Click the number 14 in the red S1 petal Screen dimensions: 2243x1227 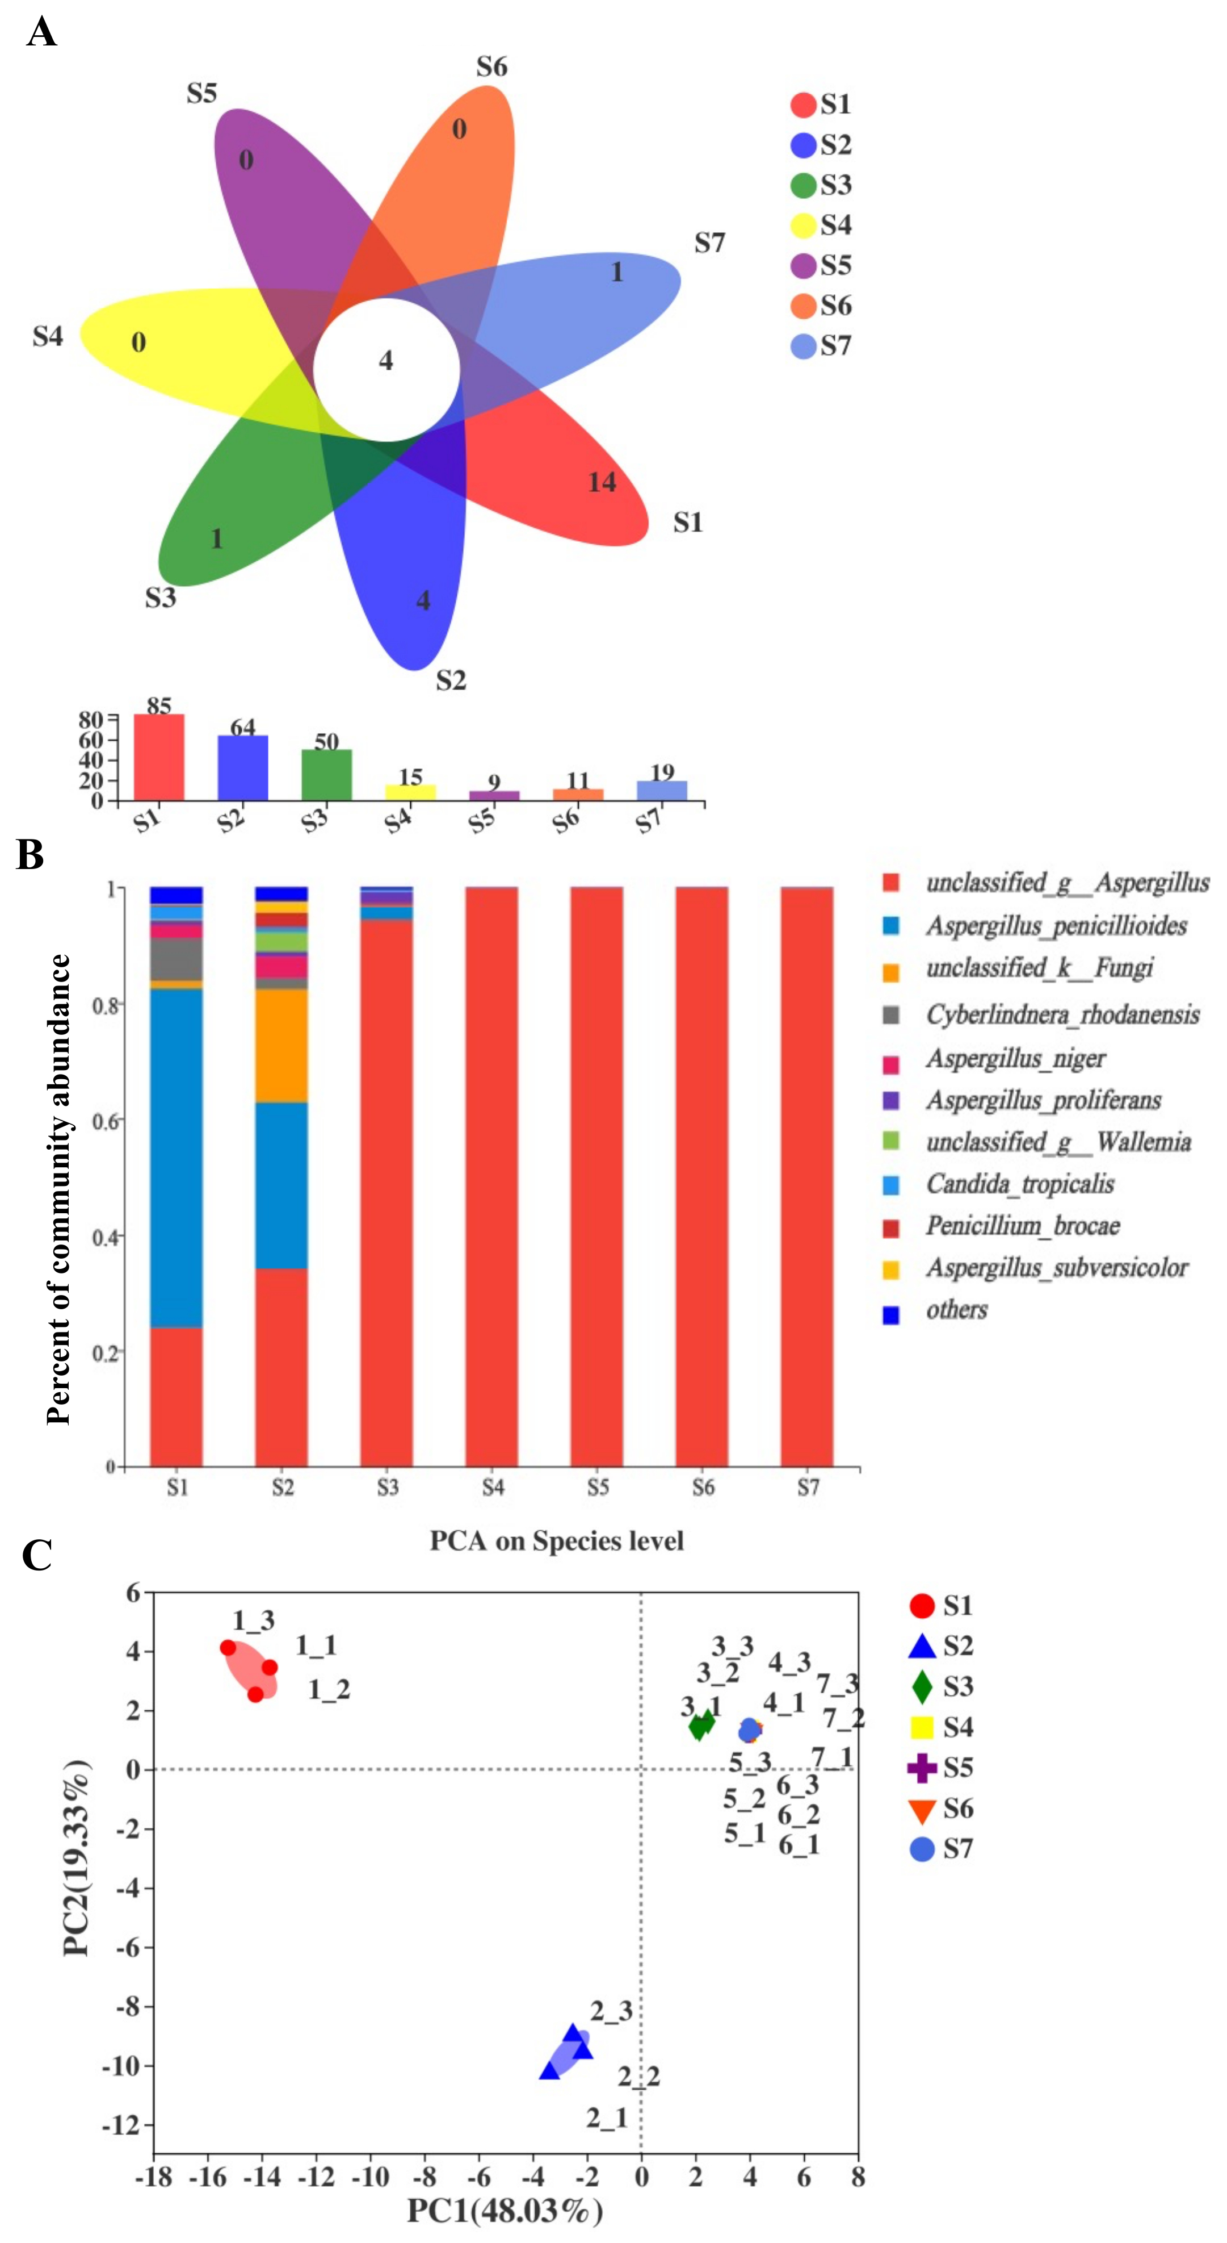[602, 482]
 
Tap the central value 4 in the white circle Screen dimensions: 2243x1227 [385, 361]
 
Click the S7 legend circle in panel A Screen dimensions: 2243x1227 [802, 346]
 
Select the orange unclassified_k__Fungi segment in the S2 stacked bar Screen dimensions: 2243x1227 [281, 1045]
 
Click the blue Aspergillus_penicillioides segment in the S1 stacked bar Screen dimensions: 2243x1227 [177, 1158]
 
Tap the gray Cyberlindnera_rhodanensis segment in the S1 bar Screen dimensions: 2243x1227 [177, 959]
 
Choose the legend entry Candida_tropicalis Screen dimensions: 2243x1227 [1019, 1184]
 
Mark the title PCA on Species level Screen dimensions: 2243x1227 [556, 1541]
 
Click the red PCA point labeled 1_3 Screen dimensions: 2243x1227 [228, 1647]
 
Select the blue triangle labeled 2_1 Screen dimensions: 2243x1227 [549, 2070]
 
